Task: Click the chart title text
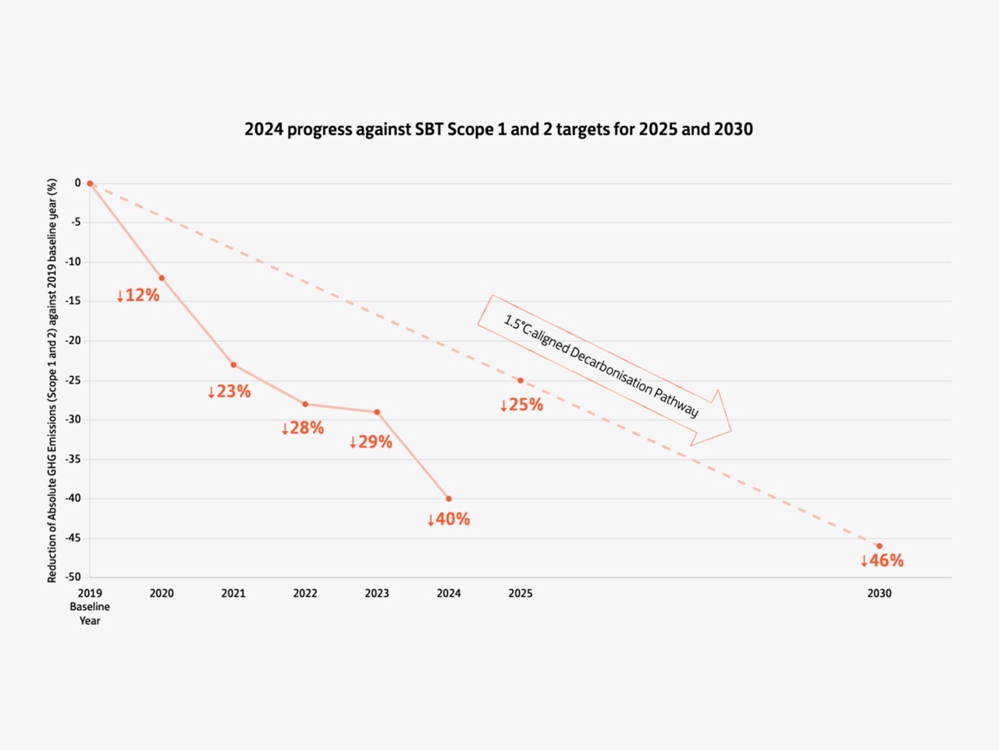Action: click(499, 130)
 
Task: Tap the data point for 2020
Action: click(162, 278)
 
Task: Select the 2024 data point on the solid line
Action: click(449, 498)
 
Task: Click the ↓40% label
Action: click(449, 520)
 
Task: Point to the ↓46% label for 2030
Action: click(882, 561)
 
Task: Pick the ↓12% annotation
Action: click(138, 295)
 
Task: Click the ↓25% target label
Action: click(521, 405)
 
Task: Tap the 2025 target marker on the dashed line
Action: click(521, 380)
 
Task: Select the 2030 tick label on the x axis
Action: click(879, 594)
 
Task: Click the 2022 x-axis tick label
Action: click(305, 594)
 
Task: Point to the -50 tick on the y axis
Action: click(73, 577)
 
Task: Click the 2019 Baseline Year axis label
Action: click(90, 607)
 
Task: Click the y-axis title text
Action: click(52, 380)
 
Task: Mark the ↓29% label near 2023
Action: click(371, 442)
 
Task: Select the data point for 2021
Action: click(233, 365)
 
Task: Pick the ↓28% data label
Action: click(303, 428)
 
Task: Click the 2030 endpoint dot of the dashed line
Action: click(879, 546)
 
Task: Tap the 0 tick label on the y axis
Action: click(78, 183)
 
